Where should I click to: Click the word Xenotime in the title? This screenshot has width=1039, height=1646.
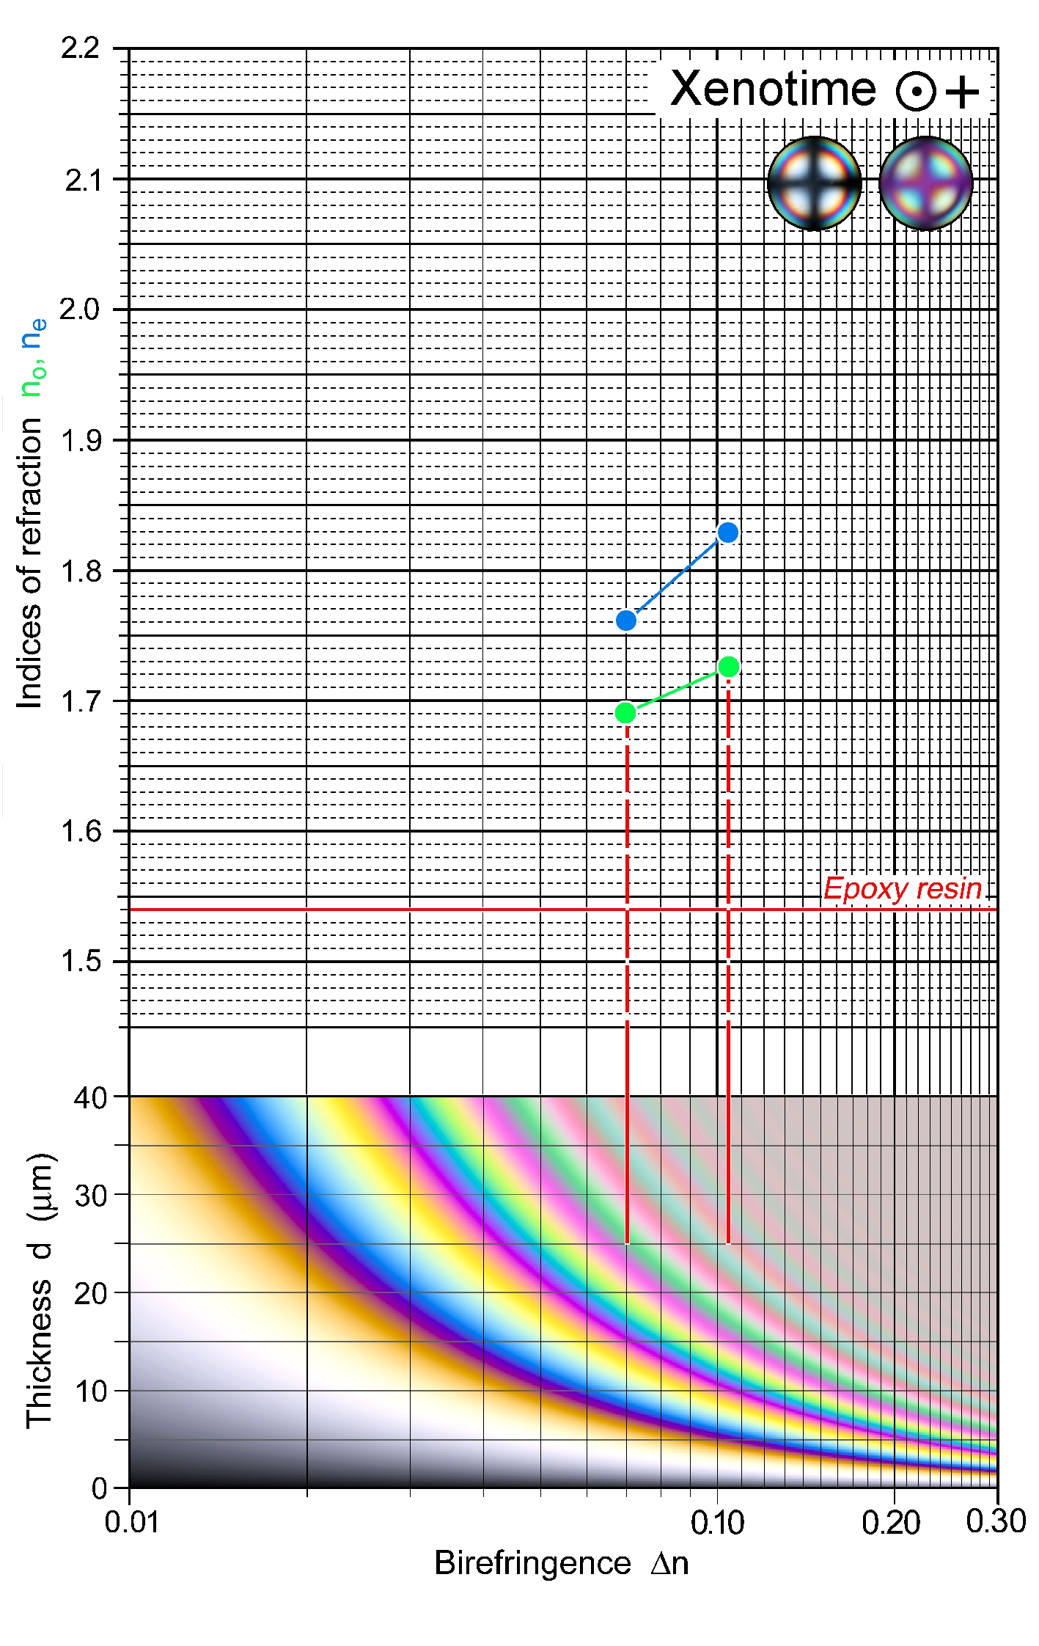[x=773, y=89]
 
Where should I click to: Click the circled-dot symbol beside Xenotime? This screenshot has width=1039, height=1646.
[x=915, y=92]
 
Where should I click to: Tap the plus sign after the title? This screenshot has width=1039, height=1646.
[x=962, y=92]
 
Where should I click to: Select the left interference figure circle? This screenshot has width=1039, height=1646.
[x=814, y=183]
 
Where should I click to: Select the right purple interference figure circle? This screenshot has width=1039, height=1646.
[x=926, y=183]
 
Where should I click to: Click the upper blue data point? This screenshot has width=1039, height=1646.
[x=727, y=533]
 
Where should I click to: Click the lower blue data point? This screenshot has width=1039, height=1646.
[x=626, y=621]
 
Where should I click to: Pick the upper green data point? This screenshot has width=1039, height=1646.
[x=728, y=666]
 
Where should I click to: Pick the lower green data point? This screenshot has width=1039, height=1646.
[x=625, y=712]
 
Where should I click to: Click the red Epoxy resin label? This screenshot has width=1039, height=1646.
[x=902, y=888]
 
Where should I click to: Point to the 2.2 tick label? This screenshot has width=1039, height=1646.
[x=80, y=48]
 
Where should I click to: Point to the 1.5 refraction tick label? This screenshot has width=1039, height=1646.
[x=80, y=961]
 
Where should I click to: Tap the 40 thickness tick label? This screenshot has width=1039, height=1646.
[x=90, y=1098]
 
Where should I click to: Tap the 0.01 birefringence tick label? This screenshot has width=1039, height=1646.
[x=131, y=1522]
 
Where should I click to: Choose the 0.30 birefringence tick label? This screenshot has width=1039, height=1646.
[x=995, y=1521]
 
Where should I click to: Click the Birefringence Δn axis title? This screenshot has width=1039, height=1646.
[x=561, y=1563]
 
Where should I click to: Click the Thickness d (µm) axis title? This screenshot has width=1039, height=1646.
[x=40, y=1290]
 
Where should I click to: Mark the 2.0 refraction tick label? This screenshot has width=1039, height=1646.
[x=80, y=310]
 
